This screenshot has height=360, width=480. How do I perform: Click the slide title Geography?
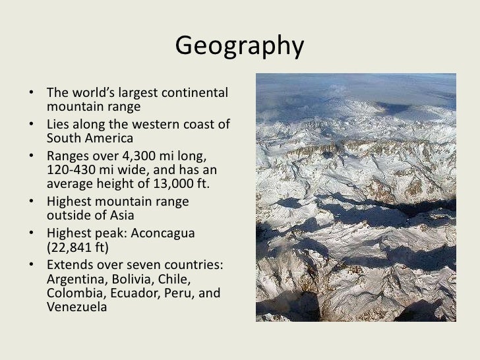[240, 46]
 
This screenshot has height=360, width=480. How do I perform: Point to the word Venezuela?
[77, 307]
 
